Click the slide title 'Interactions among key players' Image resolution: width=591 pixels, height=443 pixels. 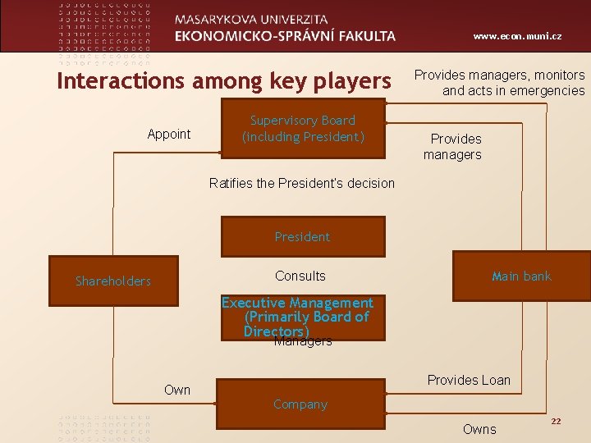coord(223,81)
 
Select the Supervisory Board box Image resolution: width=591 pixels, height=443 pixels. coord(303,129)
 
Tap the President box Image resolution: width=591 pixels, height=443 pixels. coord(302,237)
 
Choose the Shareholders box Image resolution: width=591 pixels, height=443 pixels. coord(113,281)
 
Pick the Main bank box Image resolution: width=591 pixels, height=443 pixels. coord(521,276)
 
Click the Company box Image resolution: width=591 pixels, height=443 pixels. coord(300,404)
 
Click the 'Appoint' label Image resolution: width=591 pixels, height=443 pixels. coord(169,135)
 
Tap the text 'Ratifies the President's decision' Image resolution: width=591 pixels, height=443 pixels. coord(302,183)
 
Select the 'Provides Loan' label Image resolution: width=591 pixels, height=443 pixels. coord(469,380)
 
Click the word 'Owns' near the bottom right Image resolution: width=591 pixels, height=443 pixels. coord(479,429)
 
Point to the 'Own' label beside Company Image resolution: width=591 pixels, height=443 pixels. coord(177,390)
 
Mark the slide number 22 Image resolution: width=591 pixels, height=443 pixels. coord(556,421)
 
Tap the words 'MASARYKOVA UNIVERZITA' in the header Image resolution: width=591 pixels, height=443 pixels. coord(251,19)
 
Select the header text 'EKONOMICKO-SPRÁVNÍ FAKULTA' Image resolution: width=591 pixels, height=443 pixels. coord(285,36)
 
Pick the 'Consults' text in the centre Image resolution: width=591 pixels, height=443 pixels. coord(300,276)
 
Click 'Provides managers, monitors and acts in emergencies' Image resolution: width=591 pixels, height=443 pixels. coord(500,83)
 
